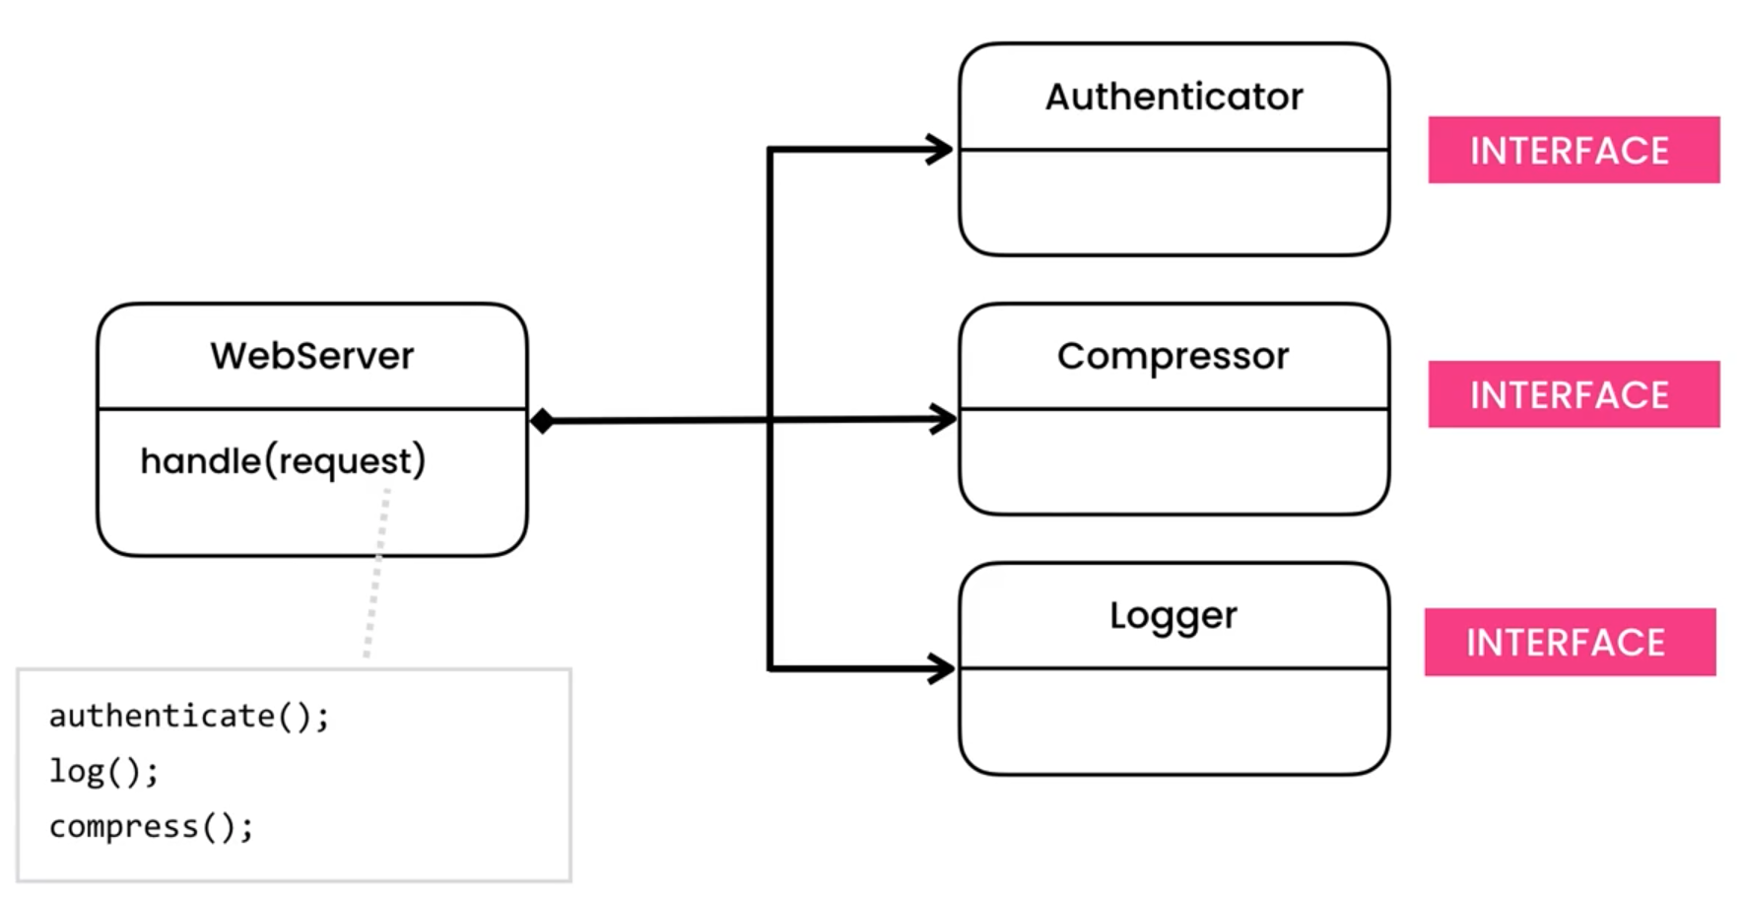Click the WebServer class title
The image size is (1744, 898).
(311, 356)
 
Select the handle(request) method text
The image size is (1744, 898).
(283, 460)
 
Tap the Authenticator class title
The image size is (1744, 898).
(1174, 97)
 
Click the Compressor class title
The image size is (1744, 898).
(1173, 356)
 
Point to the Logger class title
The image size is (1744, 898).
(1173, 615)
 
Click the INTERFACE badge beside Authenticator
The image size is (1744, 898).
(1573, 150)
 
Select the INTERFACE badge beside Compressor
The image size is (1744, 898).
(1573, 394)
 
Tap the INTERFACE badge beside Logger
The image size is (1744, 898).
(1569, 642)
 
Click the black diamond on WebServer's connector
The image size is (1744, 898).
(542, 421)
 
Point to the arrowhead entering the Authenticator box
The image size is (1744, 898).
(940, 150)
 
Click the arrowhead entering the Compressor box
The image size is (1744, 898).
(942, 419)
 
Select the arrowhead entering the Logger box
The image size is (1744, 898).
(941, 668)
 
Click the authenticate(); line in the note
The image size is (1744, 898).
(189, 716)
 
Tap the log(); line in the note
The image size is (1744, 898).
(103, 771)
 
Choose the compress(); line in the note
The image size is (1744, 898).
(151, 826)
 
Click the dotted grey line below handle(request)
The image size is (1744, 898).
(376, 572)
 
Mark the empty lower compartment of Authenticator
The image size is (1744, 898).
(1173, 202)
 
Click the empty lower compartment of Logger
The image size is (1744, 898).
(1173, 721)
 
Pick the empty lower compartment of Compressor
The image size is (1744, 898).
(1173, 460)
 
